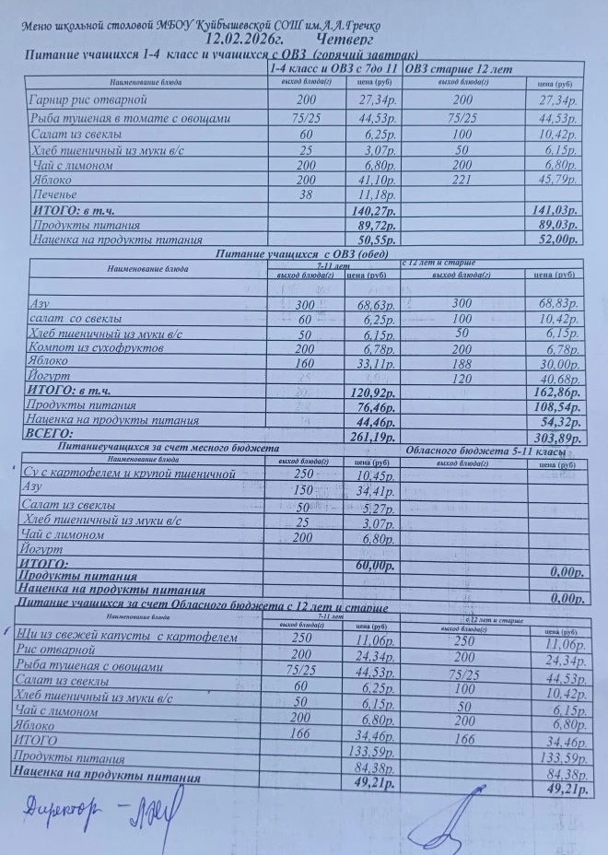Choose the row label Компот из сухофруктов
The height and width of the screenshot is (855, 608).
point(98,349)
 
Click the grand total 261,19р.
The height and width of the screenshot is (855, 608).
point(375,435)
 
